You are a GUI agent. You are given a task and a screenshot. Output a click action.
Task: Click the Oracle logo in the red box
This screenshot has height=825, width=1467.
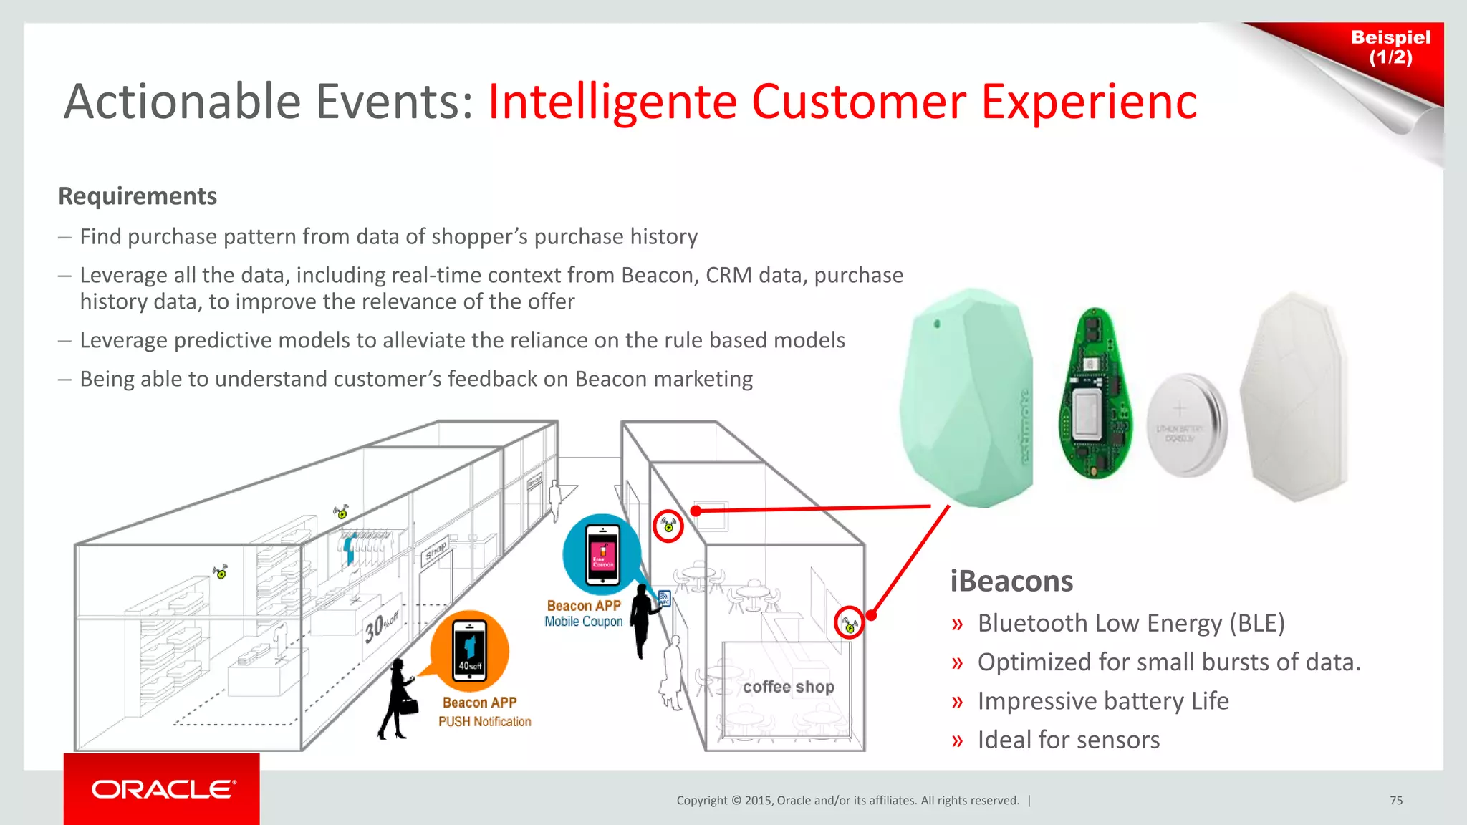[x=163, y=789]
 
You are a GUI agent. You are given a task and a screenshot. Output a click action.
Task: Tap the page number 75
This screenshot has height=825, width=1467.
[x=1396, y=800]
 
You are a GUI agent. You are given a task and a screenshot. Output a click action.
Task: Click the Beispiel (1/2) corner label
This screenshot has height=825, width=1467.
[x=1390, y=47]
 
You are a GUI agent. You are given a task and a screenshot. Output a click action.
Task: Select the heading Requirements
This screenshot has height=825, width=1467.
[x=138, y=196]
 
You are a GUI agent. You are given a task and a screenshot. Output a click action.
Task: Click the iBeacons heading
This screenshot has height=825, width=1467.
[x=1011, y=581]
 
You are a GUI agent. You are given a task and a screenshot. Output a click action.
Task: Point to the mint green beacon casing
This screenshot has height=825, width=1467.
[x=966, y=398]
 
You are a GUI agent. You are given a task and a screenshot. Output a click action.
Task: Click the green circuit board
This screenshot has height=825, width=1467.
[x=1095, y=395]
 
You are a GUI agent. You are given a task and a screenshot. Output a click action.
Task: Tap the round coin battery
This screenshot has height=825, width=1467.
[x=1186, y=425]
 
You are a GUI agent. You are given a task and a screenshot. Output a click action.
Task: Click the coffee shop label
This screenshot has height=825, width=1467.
[x=788, y=687]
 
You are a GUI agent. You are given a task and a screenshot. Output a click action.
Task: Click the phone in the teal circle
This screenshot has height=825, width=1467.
[x=602, y=555]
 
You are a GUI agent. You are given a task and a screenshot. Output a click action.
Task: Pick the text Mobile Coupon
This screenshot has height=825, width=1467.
[x=583, y=622]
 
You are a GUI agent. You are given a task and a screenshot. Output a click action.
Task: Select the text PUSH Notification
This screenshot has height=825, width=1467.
[x=485, y=722]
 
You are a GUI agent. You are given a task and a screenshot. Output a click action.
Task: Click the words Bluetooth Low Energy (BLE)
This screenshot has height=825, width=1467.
[x=1131, y=623]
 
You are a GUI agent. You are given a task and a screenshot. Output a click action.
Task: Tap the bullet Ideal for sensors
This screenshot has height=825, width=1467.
[x=1068, y=740]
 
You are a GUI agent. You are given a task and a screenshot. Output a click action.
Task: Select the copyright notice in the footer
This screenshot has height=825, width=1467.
[x=847, y=800]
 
